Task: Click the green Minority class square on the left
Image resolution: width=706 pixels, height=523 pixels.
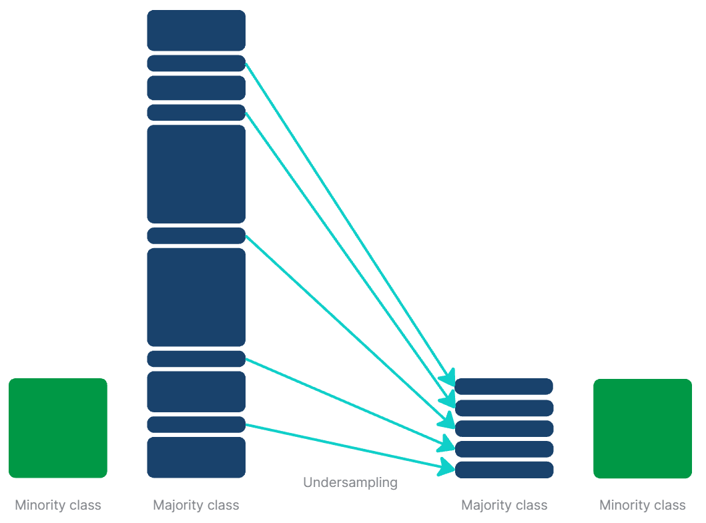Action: [58, 428]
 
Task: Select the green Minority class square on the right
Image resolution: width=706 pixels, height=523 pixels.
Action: [643, 428]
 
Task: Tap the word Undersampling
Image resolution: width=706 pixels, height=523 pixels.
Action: [350, 482]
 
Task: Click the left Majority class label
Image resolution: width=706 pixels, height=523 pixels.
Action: [196, 505]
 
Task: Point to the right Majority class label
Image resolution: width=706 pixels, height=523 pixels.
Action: [504, 506]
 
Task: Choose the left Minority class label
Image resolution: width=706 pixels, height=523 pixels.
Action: [58, 505]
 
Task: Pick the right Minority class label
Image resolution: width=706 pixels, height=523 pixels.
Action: [643, 506]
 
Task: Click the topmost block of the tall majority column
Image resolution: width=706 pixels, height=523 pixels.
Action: [196, 30]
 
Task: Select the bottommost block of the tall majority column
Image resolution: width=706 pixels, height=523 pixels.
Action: [196, 457]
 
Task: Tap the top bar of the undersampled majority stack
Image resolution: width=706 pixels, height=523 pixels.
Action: [504, 386]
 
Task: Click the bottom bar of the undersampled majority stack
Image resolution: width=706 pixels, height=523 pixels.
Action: [504, 470]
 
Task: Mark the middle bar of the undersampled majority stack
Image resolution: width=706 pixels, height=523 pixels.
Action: [504, 428]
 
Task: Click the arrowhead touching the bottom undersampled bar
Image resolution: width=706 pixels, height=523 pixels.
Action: [448, 468]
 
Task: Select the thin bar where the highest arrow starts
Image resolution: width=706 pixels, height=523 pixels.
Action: [196, 63]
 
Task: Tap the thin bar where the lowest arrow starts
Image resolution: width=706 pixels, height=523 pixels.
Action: [196, 424]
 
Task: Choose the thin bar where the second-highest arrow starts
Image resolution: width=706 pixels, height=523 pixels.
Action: [196, 112]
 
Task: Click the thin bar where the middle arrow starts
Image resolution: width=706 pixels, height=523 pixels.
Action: [196, 235]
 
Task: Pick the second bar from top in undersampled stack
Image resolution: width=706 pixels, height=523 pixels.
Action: [504, 408]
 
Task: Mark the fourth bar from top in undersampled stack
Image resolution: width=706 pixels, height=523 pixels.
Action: [504, 449]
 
